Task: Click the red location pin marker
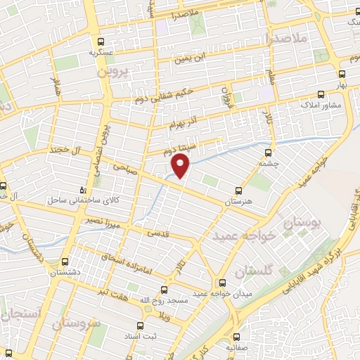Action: [x=181, y=165]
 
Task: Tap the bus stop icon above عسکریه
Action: [x=102, y=41]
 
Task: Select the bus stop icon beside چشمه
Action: [x=270, y=152]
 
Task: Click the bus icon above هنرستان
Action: [x=238, y=191]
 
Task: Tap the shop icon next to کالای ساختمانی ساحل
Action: [x=84, y=190]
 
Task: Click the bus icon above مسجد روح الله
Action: [x=165, y=290]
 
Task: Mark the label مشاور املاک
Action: [x=321, y=105]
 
